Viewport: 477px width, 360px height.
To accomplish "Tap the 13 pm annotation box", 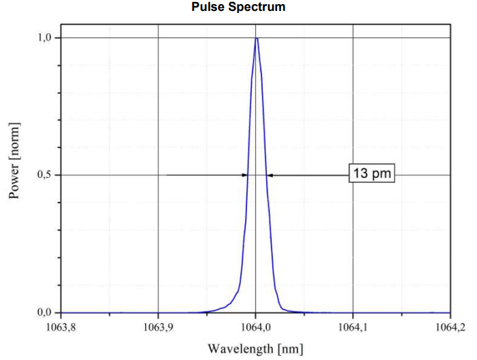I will tap(373, 174).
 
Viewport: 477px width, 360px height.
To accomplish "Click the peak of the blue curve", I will tap(256, 38).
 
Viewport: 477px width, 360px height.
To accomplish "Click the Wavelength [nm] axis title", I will tap(255, 349).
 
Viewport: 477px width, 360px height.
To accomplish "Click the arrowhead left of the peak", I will tap(244, 175).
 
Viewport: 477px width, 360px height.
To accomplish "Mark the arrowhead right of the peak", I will tap(270, 175).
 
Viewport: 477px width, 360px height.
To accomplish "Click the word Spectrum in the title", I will tap(259, 7).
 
